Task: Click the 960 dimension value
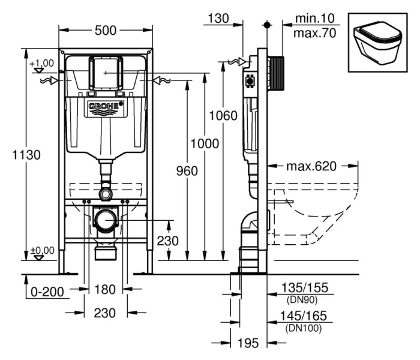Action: tap(187, 171)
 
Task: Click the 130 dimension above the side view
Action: tap(216, 19)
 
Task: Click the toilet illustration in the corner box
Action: tap(376, 38)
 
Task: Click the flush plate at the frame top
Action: tap(106, 72)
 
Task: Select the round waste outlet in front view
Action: tap(106, 220)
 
